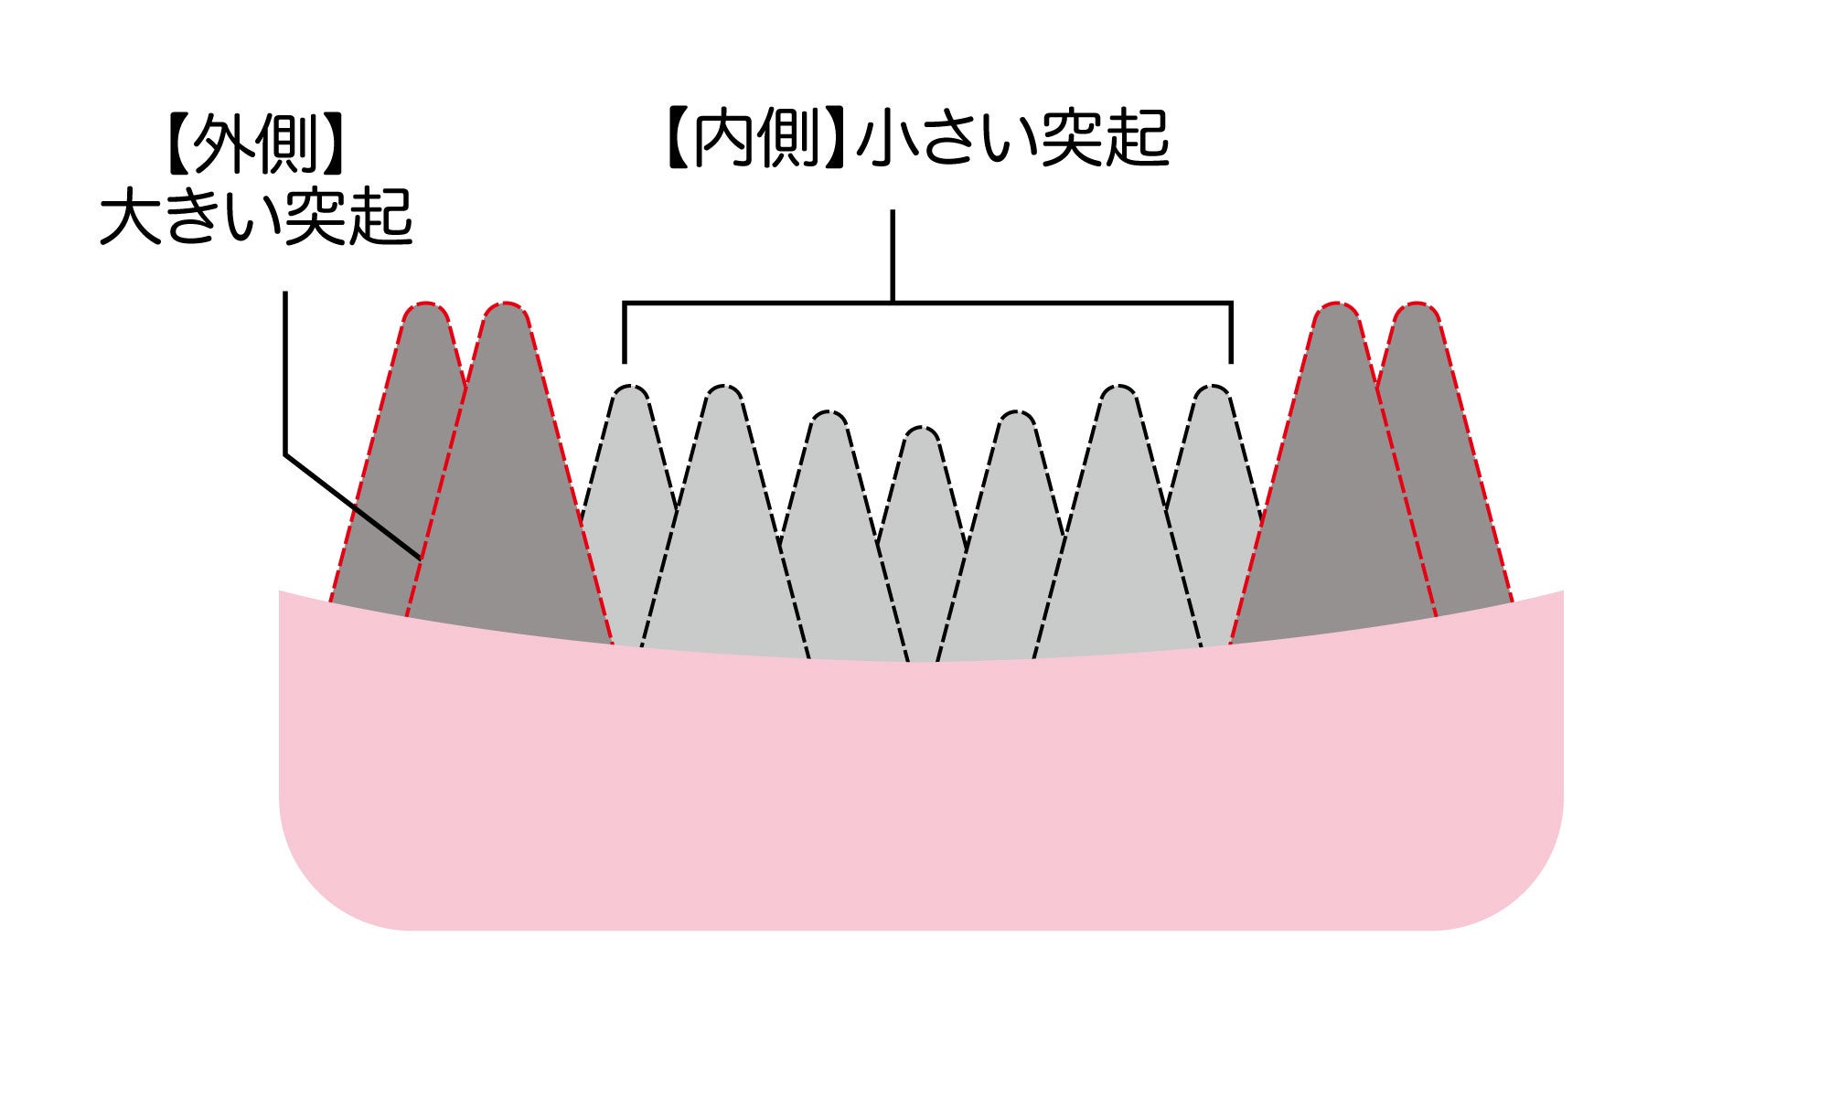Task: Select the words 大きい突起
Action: [256, 218]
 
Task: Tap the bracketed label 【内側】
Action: [755, 140]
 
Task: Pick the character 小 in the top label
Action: [885, 140]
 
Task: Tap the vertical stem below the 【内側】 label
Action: [893, 256]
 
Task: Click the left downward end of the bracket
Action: [625, 357]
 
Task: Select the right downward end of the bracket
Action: [1232, 357]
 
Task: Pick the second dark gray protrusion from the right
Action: [1335, 512]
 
